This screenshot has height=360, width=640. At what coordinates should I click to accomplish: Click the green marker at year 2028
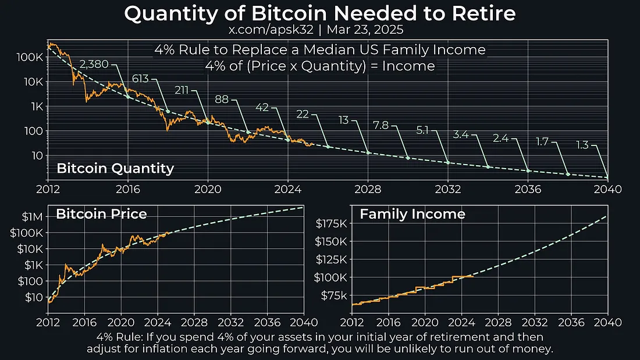368,153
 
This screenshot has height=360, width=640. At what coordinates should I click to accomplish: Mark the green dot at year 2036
528,170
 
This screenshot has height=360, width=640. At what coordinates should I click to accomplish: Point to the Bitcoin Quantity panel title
115,169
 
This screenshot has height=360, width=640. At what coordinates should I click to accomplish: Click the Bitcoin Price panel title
101,214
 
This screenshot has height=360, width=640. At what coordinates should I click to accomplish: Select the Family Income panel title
412,214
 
